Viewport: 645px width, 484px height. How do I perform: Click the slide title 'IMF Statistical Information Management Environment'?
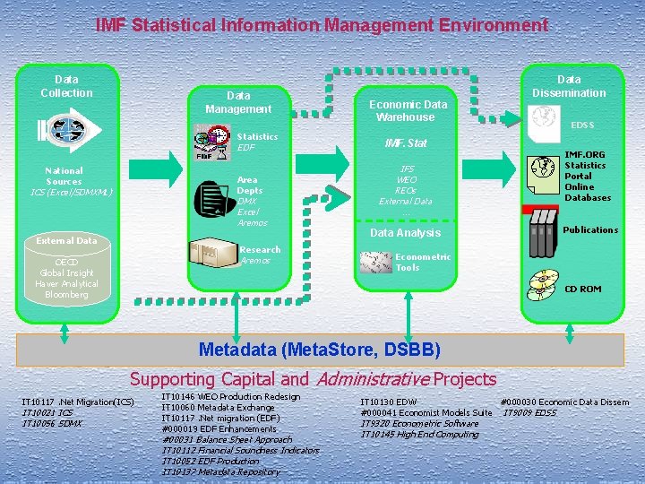[322, 25]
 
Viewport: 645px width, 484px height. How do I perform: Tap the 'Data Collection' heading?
[66, 86]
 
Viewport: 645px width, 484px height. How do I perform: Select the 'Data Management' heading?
[237, 102]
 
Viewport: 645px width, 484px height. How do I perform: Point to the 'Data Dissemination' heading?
[569, 86]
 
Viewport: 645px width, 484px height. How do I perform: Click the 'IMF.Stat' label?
[405, 143]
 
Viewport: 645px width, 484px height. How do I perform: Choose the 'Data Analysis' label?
[405, 233]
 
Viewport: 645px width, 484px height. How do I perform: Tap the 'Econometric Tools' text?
[423, 262]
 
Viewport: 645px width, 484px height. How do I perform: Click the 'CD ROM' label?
[582, 289]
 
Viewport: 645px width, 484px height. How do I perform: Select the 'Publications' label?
[590, 230]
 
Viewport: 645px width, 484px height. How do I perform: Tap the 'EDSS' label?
[582, 125]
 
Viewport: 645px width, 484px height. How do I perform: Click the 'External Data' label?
[66, 240]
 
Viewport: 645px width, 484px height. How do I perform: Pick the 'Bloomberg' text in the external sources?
[66, 295]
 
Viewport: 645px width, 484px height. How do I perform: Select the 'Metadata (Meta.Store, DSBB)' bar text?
[320, 350]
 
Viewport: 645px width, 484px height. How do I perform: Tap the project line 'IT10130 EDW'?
[388, 402]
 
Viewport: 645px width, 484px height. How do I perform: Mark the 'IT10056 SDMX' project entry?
[52, 423]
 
